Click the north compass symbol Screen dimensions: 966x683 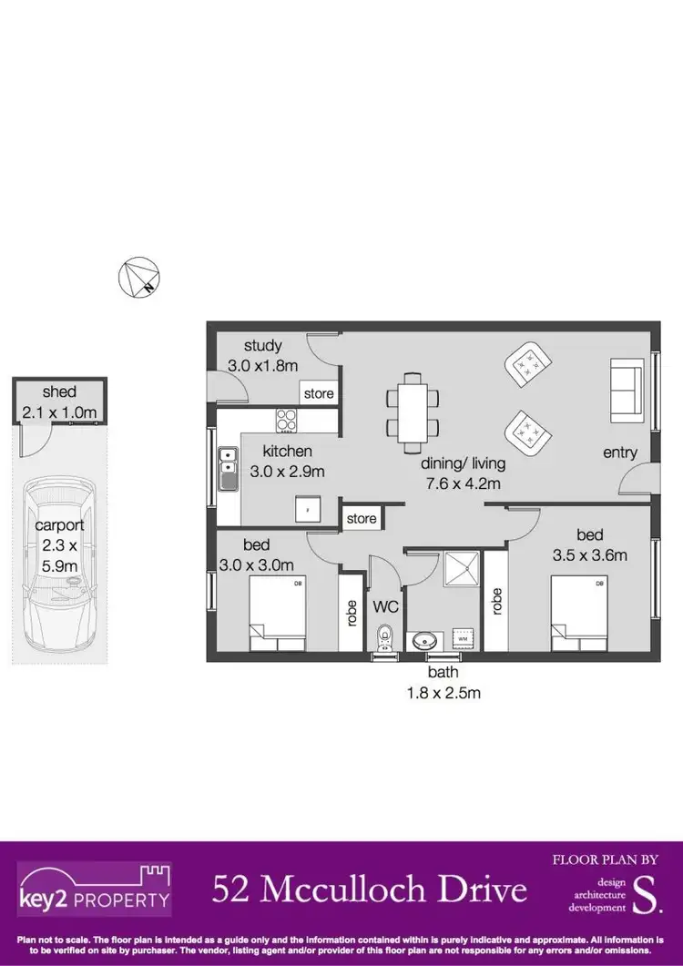[138, 278]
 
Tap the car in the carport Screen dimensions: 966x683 [58, 564]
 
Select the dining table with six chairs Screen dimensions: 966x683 [412, 407]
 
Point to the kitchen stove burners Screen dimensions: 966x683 [288, 421]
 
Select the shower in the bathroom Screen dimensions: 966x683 [460, 571]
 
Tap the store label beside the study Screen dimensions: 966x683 [319, 394]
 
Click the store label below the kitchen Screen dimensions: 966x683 [361, 519]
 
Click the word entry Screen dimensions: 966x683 [620, 452]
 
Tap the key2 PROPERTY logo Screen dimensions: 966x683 [94, 890]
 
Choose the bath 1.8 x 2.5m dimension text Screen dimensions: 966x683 [443, 684]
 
